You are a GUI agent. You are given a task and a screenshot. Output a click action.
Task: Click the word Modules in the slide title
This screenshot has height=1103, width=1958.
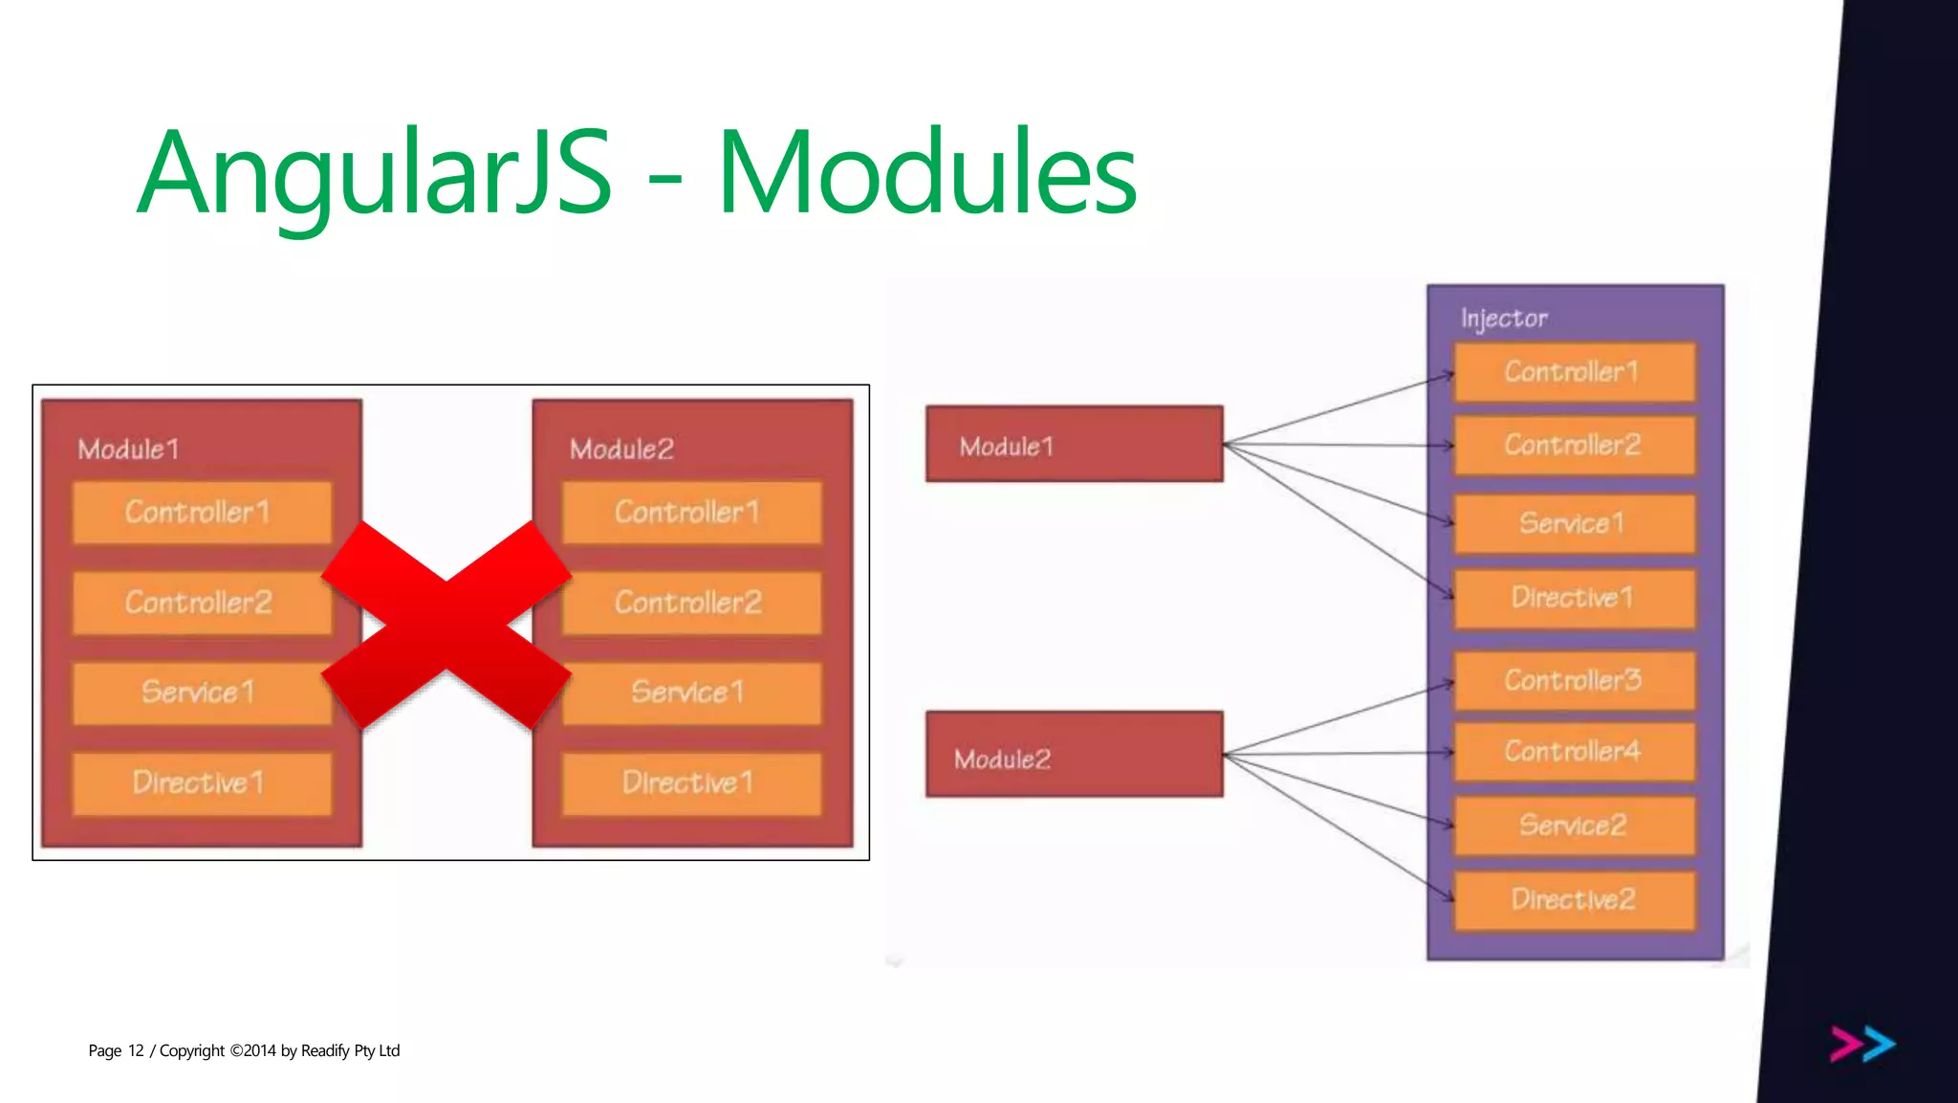point(926,173)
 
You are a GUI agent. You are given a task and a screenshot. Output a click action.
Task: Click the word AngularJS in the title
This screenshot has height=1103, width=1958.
point(374,173)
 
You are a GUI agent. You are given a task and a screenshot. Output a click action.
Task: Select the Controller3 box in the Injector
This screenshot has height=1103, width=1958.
point(1574,680)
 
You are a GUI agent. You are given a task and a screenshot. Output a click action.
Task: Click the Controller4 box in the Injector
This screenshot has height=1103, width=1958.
point(1574,752)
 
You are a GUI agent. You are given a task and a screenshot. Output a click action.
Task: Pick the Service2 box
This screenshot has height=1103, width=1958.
point(1574,825)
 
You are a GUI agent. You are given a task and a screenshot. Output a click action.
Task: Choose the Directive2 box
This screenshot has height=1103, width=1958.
point(1574,899)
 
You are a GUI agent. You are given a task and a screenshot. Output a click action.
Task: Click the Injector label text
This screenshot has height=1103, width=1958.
point(1504,319)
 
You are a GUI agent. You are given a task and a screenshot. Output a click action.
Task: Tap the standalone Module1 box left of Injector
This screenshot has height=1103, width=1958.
point(1074,445)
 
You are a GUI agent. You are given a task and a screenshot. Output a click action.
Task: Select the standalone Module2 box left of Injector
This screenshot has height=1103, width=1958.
point(1074,755)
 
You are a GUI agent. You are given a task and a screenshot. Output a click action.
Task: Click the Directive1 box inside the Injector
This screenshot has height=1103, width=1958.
point(1574,598)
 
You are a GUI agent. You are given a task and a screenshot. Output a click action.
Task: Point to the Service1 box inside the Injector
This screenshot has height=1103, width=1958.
point(1574,523)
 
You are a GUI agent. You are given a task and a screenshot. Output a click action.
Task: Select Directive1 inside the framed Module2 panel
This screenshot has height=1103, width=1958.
point(690,783)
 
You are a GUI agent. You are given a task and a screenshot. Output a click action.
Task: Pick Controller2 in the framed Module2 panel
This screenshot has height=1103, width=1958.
point(690,603)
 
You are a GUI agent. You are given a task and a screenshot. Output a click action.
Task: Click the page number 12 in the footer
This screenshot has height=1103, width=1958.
point(136,1050)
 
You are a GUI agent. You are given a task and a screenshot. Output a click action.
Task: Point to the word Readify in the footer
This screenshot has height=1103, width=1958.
point(325,1050)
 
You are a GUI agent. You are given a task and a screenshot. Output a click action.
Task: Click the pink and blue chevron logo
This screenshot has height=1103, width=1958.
point(1862,1044)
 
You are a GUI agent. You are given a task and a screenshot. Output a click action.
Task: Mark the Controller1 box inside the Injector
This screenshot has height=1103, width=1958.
point(1574,372)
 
